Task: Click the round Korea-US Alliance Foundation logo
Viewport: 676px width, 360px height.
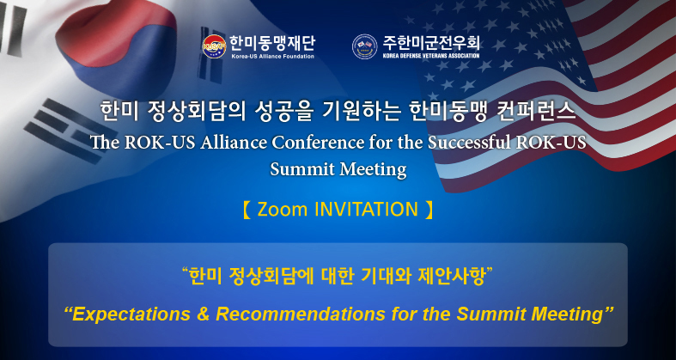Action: [x=214, y=46]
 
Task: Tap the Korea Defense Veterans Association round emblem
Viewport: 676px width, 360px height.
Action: [x=365, y=46]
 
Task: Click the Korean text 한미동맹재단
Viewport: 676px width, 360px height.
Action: [x=272, y=43]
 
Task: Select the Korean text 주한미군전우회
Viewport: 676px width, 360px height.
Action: [x=431, y=43]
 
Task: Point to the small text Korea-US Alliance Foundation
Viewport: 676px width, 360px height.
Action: [x=272, y=56]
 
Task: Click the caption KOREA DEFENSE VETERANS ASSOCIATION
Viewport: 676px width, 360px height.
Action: [x=431, y=56]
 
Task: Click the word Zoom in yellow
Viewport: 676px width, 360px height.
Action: [x=283, y=210]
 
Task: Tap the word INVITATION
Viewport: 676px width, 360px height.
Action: [x=367, y=210]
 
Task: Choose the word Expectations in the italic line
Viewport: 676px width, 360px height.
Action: [x=127, y=314]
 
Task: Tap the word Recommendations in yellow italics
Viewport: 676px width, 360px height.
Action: [x=300, y=314]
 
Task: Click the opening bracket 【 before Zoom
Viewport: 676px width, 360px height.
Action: [x=247, y=210]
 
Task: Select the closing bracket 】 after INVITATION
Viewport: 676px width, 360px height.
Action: [x=429, y=210]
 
